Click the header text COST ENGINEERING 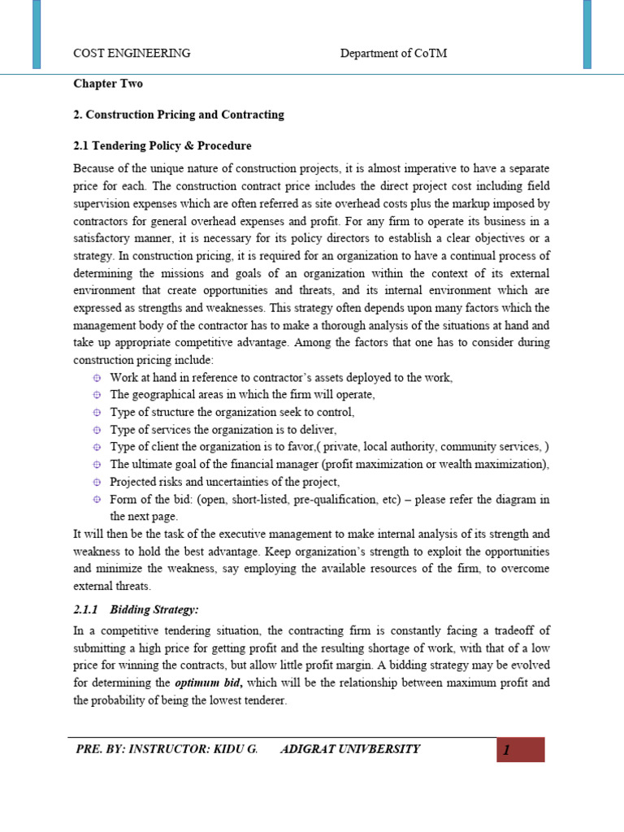[x=132, y=54]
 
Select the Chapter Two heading [x=107, y=84]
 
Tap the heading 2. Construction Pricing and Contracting [x=179, y=115]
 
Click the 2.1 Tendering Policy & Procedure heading [x=162, y=145]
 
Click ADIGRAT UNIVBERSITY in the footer [x=350, y=749]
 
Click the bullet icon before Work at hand [x=96, y=378]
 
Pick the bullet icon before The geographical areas [x=96, y=395]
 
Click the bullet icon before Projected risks [x=96, y=482]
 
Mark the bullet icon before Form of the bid [x=96, y=499]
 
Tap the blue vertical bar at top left [x=37, y=34]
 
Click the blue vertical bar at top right [x=587, y=34]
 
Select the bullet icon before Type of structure [x=96, y=413]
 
